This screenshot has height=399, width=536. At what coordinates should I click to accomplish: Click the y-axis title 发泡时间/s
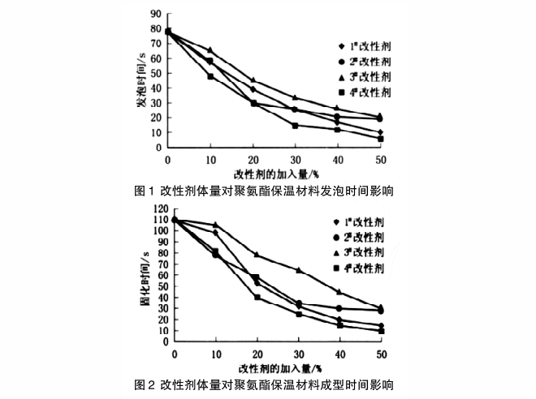coord(142,79)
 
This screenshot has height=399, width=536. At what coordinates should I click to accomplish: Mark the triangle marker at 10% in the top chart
coord(210,50)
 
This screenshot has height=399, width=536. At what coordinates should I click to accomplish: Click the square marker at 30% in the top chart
coord(295,126)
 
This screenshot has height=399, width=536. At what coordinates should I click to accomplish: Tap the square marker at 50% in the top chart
coord(380,139)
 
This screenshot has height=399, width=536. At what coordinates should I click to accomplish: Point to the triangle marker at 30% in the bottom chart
coord(298,270)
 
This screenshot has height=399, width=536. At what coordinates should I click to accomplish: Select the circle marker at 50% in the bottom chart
coord(381,311)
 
